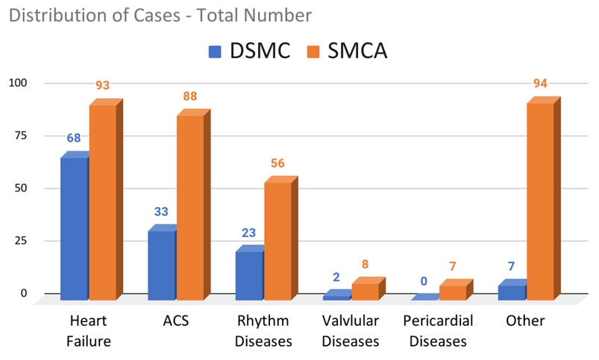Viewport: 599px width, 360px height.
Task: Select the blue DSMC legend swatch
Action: tap(216, 51)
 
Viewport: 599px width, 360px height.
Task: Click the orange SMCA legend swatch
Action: tap(315, 51)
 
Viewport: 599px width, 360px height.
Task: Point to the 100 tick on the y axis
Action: tap(17, 83)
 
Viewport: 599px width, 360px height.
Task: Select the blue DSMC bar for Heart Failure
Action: tap(74, 227)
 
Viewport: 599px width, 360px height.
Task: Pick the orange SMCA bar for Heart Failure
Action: tap(103, 201)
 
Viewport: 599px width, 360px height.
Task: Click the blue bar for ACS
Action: tap(161, 265)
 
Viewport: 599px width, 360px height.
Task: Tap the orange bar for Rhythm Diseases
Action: tap(277, 240)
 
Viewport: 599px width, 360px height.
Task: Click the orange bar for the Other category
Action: tap(540, 201)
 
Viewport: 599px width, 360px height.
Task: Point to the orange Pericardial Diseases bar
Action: tap(452, 291)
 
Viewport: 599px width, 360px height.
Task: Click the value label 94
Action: tap(541, 83)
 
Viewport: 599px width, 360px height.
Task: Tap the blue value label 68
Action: tap(74, 138)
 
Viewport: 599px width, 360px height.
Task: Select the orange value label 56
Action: tap(277, 163)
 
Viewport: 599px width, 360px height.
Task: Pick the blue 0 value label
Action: tap(424, 281)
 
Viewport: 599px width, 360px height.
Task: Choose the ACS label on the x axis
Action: tap(175, 321)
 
